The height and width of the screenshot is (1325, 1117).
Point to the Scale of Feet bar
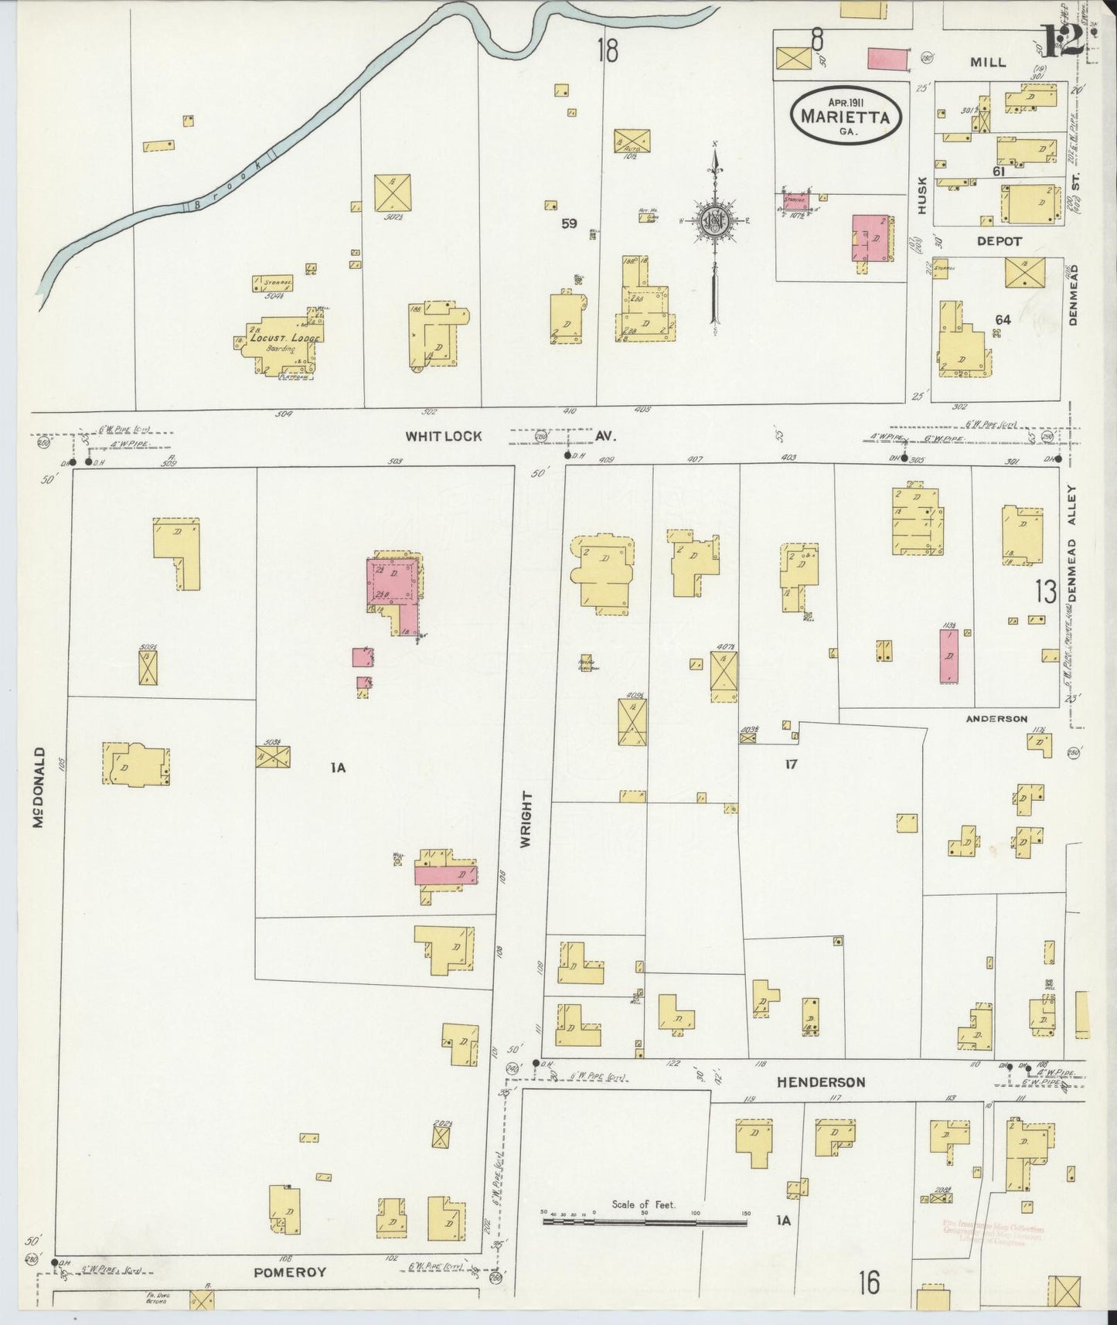(645, 1222)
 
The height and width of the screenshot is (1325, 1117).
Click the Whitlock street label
(444, 436)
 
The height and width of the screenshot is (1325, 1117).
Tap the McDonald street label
(39, 787)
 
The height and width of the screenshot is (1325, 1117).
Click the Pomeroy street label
(291, 1272)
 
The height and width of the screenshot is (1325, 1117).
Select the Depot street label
(999, 241)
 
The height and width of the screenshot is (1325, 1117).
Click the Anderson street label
(996, 718)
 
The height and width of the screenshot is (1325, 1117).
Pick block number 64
(1003, 319)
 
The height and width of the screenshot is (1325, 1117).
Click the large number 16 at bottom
(869, 1283)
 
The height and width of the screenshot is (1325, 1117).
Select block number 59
(569, 224)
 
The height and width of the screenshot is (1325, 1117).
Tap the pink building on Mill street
(890, 58)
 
